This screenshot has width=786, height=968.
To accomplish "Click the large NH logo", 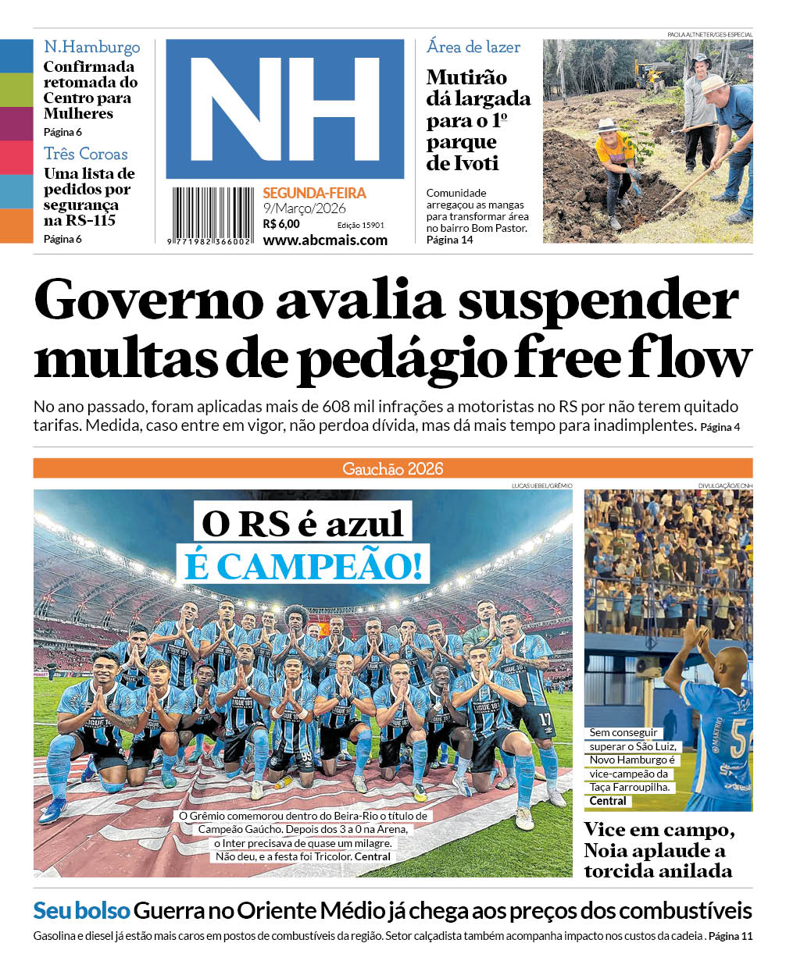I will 284,109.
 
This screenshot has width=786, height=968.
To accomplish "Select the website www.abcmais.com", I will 325,240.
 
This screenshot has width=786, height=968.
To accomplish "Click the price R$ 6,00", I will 281,224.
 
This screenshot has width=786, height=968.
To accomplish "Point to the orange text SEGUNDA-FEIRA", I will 314,193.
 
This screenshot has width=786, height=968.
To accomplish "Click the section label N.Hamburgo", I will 91,47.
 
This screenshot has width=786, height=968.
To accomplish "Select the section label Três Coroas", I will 85,154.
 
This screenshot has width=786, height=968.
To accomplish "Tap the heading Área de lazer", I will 473,47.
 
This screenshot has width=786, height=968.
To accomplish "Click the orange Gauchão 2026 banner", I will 392,468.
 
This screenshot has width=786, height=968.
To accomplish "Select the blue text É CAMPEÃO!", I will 306,564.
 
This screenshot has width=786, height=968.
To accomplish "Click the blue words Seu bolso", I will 80,910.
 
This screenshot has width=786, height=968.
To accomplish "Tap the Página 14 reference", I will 449,240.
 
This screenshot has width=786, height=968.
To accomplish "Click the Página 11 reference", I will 730,936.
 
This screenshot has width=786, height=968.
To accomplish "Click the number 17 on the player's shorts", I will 544,717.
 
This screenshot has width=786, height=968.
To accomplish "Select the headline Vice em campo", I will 659,830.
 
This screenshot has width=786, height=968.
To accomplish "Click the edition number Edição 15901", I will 360,225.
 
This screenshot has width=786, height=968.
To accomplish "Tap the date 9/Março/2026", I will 304,208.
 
